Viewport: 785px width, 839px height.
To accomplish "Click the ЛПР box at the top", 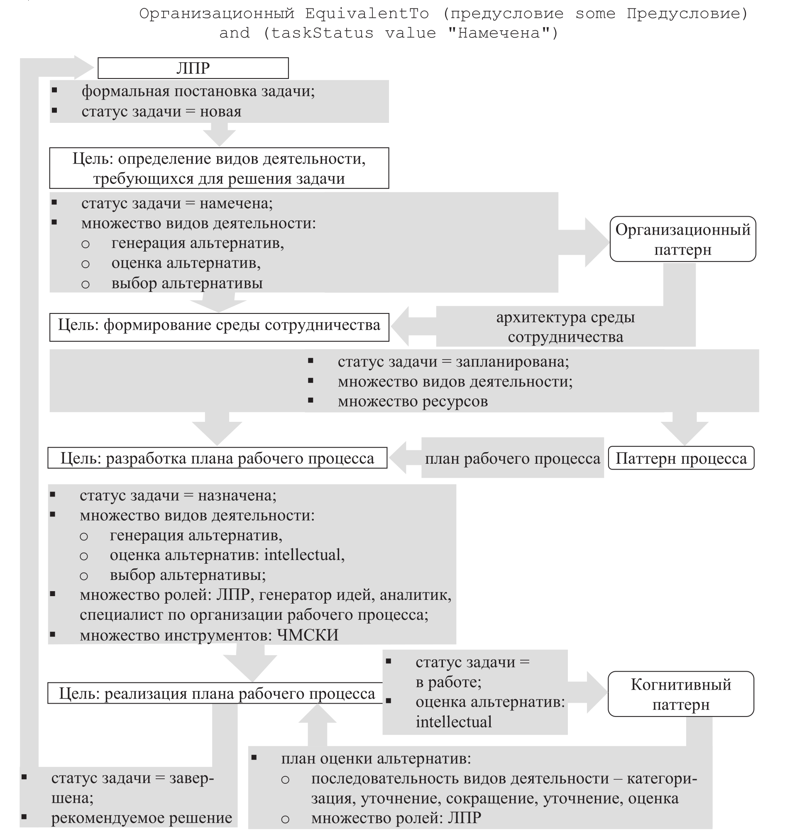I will point(193,68).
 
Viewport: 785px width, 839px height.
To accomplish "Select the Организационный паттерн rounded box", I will point(682,239).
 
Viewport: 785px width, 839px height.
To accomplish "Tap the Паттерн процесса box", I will point(681,458).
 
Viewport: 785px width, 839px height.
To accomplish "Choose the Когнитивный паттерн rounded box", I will point(680,694).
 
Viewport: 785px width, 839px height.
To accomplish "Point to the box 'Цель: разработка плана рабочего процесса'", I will point(217,458).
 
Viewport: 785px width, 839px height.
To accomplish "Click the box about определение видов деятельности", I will point(219,169).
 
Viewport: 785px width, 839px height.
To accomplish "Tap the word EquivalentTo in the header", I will point(367,14).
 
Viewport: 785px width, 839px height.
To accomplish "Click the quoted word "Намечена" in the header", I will point(502,33).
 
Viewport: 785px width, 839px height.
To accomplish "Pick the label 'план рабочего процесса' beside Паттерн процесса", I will point(512,458).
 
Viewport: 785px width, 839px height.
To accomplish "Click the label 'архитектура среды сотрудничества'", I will point(565,327).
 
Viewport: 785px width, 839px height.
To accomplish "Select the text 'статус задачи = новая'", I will point(161,111).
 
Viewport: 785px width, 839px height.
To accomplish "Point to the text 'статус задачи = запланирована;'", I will point(453,362).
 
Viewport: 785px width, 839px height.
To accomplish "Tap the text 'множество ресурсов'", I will point(412,401).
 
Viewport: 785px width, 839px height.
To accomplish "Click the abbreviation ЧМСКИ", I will point(308,635).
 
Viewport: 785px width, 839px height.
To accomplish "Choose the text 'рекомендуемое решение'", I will point(142,817).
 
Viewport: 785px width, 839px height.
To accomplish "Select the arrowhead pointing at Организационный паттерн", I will point(597,243).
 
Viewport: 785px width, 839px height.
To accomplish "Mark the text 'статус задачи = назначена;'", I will point(178,495).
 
